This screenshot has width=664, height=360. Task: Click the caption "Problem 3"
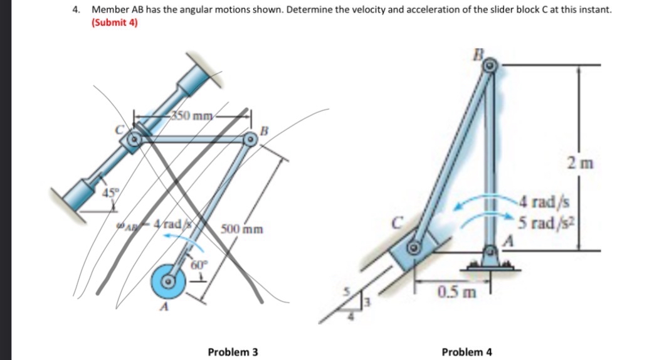(232, 352)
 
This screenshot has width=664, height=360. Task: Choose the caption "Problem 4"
(466, 352)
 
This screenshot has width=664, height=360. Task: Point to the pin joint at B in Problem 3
(251, 142)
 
